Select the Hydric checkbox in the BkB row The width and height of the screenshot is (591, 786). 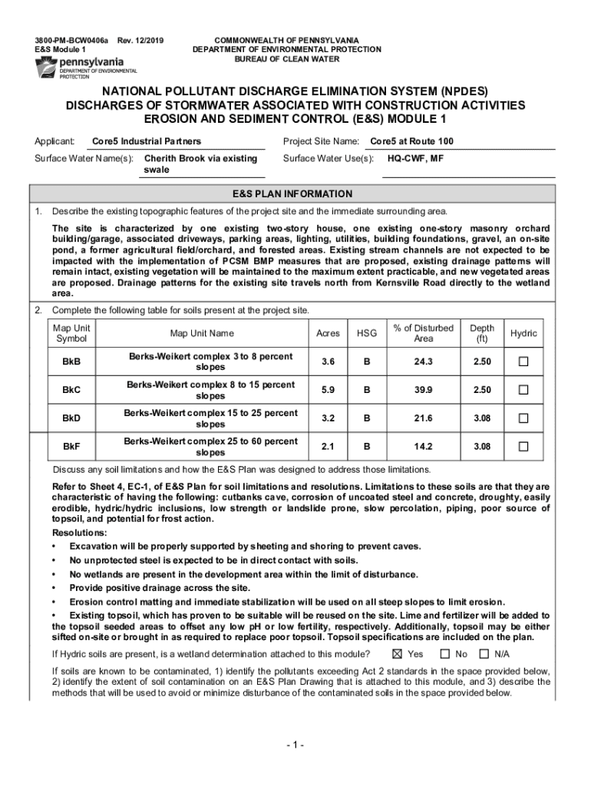(x=524, y=362)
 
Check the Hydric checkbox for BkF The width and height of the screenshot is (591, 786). (x=524, y=447)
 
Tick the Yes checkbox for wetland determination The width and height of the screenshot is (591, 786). (x=397, y=654)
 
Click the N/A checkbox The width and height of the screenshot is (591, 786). (x=484, y=654)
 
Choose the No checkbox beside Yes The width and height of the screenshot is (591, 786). (x=445, y=654)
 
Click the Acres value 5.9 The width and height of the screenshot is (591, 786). (x=328, y=390)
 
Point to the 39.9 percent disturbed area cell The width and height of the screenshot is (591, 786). (x=423, y=390)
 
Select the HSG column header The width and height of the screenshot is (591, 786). (x=366, y=334)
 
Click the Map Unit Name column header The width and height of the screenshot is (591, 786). (x=202, y=334)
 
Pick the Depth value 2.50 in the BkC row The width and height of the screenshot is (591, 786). (x=482, y=390)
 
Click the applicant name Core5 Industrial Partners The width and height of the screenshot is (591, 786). (x=147, y=141)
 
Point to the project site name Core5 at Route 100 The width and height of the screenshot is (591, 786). (x=411, y=141)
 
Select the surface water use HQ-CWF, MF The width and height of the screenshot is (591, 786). (x=414, y=159)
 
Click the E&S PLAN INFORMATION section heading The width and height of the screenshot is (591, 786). (x=295, y=194)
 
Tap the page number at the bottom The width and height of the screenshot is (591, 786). (x=295, y=745)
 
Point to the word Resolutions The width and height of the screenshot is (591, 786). (x=80, y=533)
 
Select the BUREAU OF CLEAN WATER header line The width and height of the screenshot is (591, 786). (x=286, y=59)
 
